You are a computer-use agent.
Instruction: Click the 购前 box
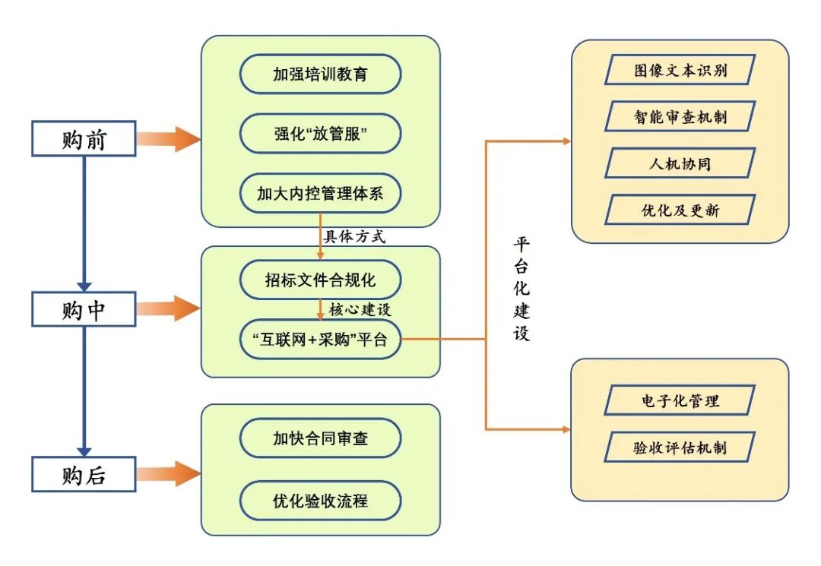pos(84,139)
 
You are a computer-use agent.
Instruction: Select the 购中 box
pos(84,310)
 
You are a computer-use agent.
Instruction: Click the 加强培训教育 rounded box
pos(320,74)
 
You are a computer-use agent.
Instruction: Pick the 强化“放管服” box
pos(320,134)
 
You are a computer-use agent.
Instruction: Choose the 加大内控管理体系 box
pos(320,194)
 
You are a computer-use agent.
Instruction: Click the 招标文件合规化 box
pos(320,281)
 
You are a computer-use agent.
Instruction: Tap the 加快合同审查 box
pos(320,438)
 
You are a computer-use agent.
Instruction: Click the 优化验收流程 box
pos(320,501)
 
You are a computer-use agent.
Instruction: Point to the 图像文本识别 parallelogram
pos(680,70)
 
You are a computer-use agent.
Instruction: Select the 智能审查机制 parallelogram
pos(680,116)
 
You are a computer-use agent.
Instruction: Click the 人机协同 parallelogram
pos(680,163)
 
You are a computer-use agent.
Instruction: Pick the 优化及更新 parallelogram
pos(680,210)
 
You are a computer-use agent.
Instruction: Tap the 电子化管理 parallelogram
pos(680,400)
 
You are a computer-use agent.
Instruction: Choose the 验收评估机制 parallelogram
pos(680,447)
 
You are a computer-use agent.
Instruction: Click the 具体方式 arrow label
pos(355,236)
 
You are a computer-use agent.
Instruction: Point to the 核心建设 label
pos(360,310)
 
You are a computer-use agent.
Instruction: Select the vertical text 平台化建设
pos(521,289)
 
